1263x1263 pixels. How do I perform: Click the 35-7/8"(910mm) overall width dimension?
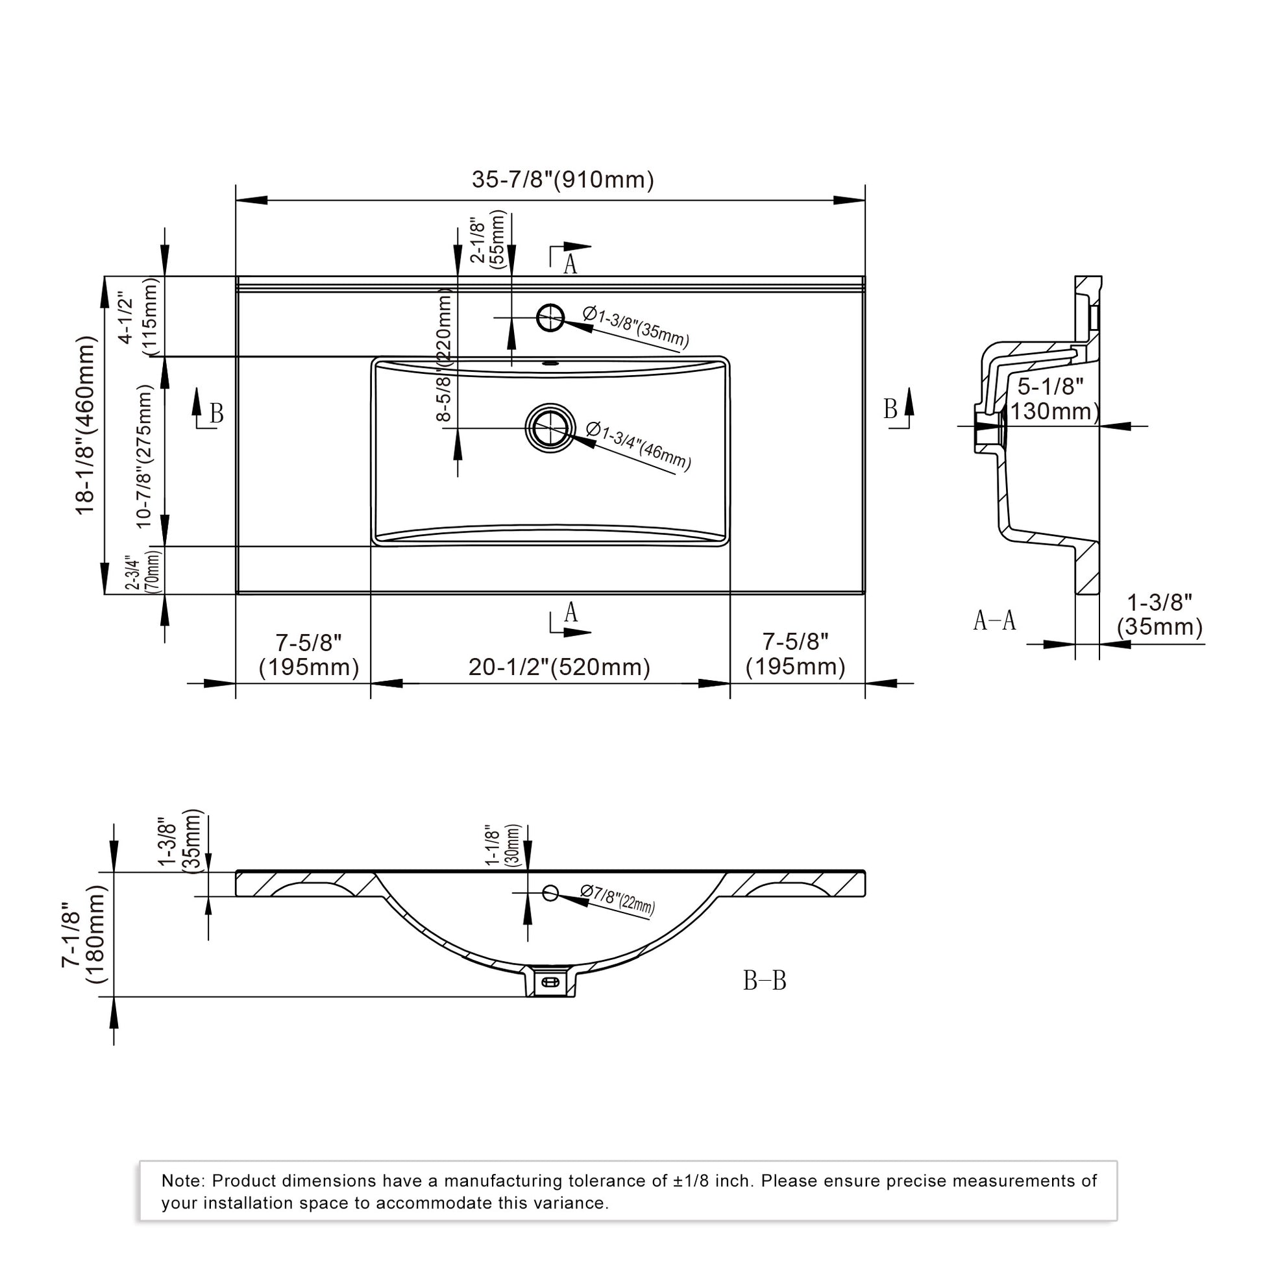(x=563, y=179)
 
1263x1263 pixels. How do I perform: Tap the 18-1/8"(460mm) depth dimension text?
(x=86, y=426)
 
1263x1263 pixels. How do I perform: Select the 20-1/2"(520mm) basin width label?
(x=559, y=667)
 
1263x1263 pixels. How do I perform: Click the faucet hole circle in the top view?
(x=550, y=318)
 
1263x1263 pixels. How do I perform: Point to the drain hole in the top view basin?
(x=550, y=428)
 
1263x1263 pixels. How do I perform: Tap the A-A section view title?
(x=994, y=620)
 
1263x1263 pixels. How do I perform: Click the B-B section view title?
(x=764, y=981)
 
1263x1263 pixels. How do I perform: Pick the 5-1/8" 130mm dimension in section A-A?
(x=1054, y=399)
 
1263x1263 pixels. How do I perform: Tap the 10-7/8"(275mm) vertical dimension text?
(x=145, y=456)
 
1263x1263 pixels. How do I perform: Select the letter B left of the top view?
(x=216, y=414)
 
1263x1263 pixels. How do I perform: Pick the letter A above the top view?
(x=570, y=265)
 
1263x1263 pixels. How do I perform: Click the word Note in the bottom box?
(x=183, y=1181)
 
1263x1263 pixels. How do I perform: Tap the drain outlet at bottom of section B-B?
(x=550, y=981)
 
